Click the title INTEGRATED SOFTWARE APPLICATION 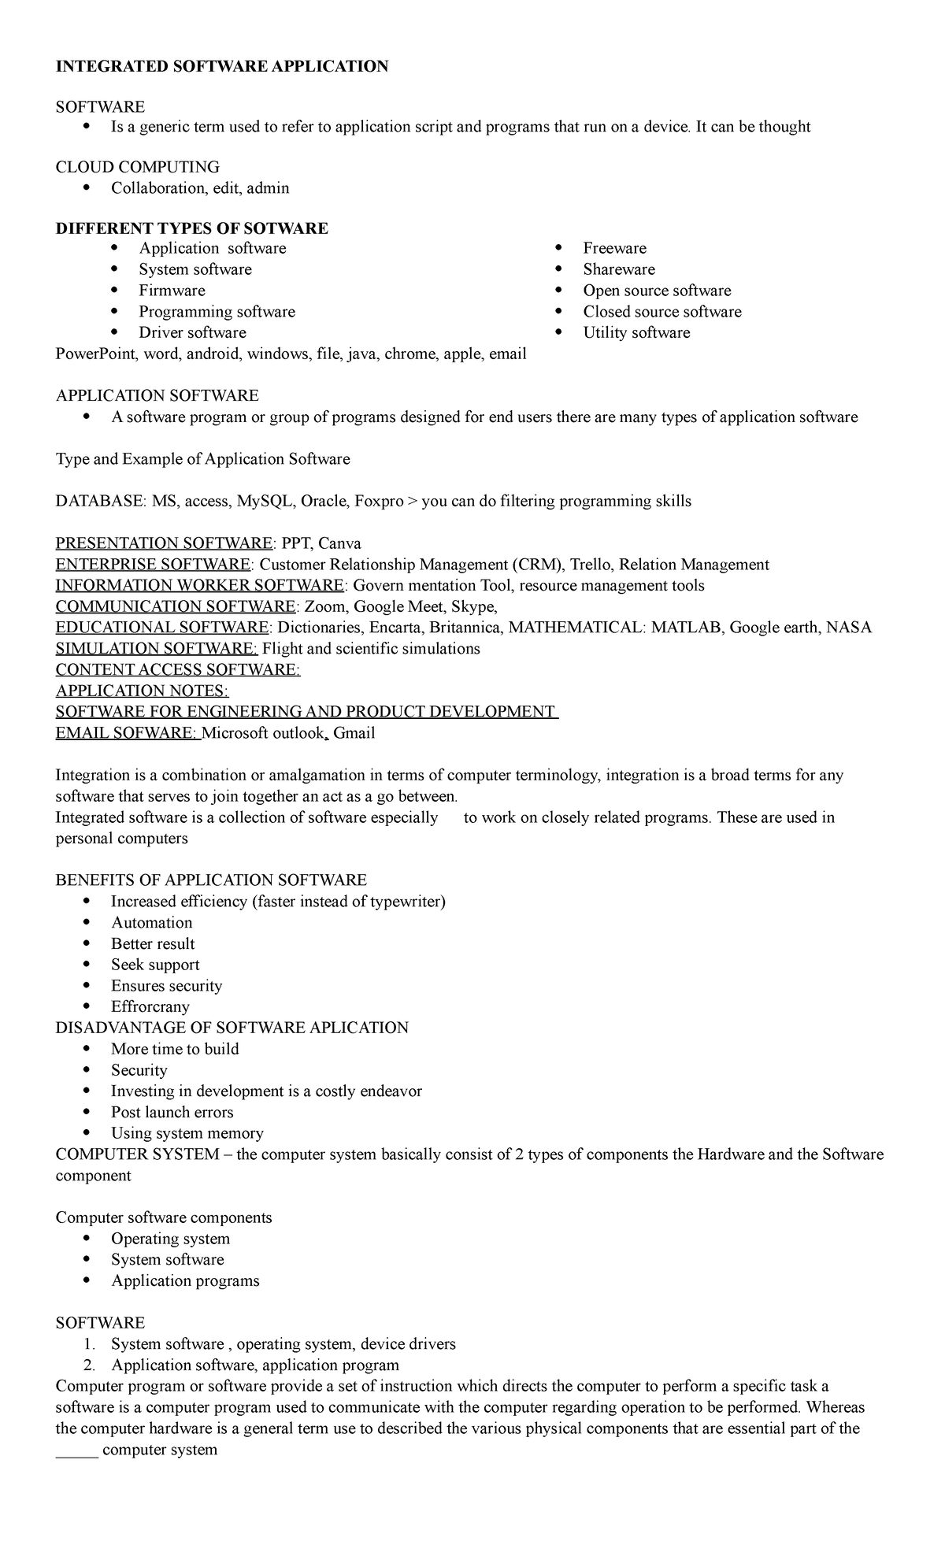pos(221,66)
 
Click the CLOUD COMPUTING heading pos(137,167)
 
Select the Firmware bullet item pos(172,291)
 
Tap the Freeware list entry pos(614,248)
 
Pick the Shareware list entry pos(618,269)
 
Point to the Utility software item pos(636,332)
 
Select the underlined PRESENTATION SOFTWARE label pos(164,543)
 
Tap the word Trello pos(590,565)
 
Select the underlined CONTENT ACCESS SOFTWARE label pos(178,670)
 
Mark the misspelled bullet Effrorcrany pos(150,1007)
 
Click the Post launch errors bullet pos(172,1113)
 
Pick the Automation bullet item pos(151,923)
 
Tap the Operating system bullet pos(170,1239)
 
